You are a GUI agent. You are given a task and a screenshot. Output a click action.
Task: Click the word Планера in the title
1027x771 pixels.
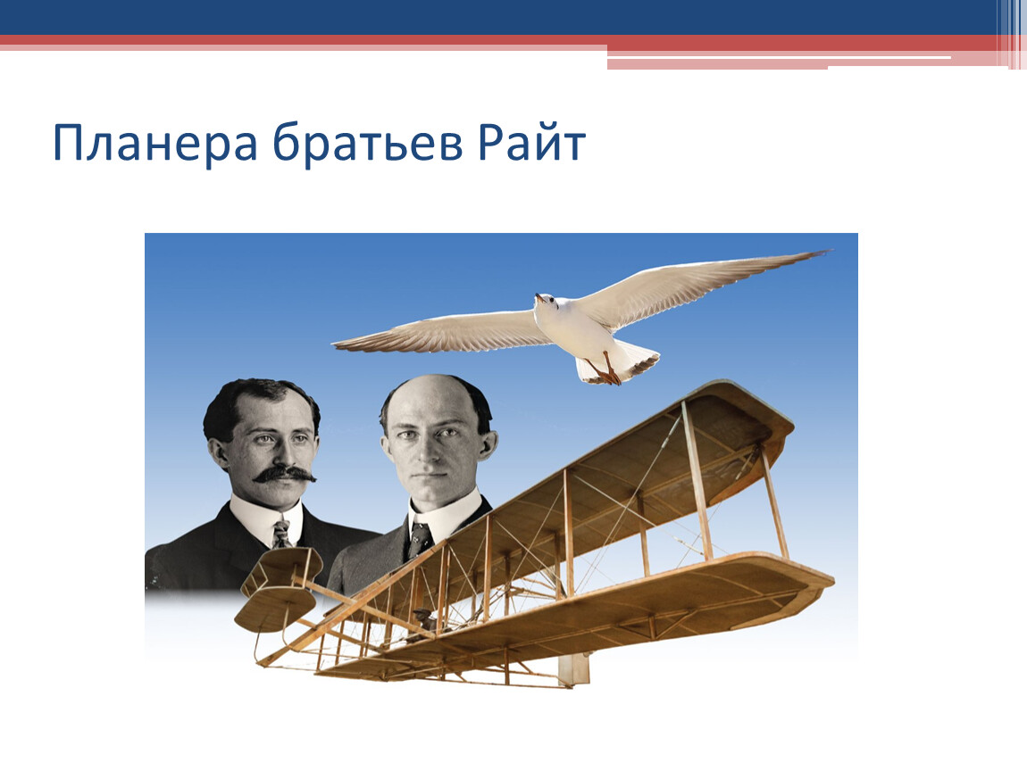[155, 143]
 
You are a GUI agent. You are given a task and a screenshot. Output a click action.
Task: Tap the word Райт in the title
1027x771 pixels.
[531, 141]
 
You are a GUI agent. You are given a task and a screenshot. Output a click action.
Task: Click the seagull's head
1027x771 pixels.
[545, 302]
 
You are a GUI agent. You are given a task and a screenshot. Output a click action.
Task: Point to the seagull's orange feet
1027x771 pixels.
[605, 372]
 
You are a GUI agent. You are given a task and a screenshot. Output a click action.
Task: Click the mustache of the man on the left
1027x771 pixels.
[284, 473]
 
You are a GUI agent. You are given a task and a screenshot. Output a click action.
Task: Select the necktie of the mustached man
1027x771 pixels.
[281, 534]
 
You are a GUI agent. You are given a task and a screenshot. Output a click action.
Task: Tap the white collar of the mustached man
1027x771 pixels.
[265, 517]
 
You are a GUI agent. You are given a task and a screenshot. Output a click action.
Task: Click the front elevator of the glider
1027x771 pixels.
[279, 588]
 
